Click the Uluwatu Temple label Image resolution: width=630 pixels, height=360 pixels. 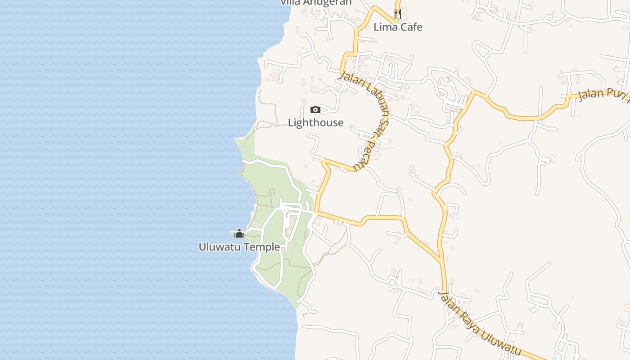pos(239,247)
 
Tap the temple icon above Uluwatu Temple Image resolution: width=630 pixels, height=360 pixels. pos(239,234)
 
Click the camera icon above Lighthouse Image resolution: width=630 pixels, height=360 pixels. pos(315,109)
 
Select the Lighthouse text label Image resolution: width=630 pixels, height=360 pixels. pos(315,122)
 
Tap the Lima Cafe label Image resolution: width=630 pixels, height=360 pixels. pos(398,27)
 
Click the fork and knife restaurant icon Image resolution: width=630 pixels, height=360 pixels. pos(397,14)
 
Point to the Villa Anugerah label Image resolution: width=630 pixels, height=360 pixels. pos(315,3)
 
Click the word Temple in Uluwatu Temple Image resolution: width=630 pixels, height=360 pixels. pos(262,247)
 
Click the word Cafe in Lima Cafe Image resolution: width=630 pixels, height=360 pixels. pos(409,27)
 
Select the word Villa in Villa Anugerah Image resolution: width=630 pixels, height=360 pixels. pos(290,3)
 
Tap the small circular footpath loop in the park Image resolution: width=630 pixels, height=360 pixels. pos(272,191)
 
